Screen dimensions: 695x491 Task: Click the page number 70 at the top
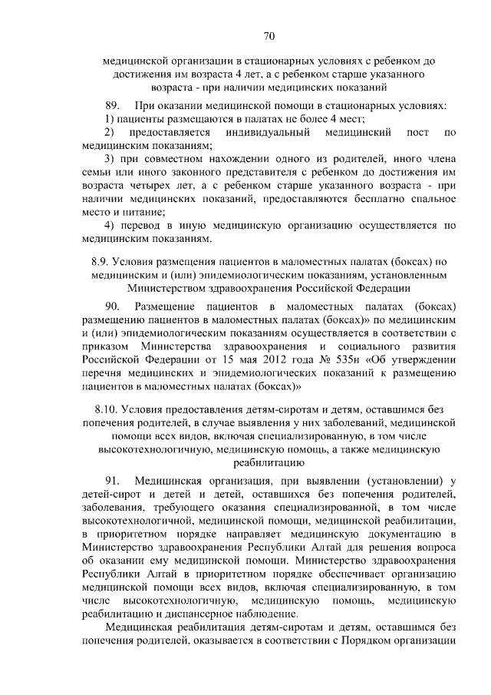tap(269, 35)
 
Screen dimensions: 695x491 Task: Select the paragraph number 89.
tap(114, 104)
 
